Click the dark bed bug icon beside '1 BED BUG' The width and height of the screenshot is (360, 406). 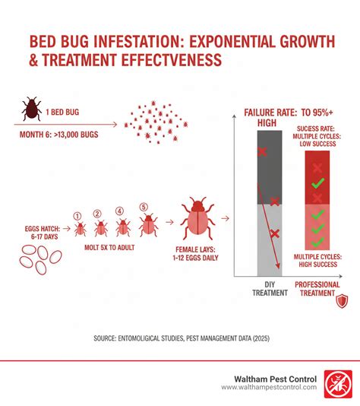32,109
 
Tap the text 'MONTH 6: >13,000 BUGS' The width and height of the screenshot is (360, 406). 59,135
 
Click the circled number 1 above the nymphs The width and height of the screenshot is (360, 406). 77,216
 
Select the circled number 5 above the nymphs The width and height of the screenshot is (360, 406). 144,207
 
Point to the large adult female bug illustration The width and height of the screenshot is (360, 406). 197,218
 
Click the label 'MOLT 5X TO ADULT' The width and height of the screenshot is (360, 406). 109,248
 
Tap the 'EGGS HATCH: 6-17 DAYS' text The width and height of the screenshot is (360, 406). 43,233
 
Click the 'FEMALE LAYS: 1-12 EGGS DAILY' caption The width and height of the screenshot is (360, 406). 195,254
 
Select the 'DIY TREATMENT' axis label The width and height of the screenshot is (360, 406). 270,289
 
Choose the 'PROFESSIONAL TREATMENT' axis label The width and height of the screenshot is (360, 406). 317,289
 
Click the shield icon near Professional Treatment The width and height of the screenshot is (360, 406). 342,301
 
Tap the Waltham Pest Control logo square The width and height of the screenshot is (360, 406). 338,384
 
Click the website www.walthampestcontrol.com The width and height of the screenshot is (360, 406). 269,387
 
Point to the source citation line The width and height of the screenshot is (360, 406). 182,338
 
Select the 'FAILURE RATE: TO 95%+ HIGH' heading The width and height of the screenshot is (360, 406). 289,118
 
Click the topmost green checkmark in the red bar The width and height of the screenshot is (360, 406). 317,183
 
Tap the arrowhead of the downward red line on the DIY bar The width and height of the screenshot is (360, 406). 278,265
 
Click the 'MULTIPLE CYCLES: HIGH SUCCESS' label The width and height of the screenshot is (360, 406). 317,261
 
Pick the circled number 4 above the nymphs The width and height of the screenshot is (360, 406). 119,211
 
